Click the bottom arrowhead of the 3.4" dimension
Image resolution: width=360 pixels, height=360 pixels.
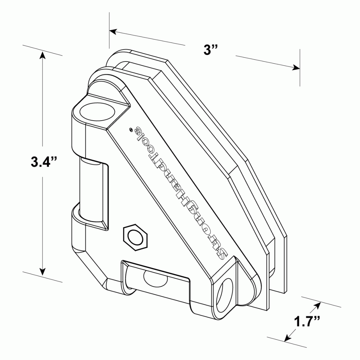click(x=42, y=271)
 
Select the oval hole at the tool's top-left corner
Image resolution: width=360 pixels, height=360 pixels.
click(x=97, y=112)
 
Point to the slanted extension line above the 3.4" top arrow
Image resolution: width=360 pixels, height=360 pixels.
click(x=42, y=50)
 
